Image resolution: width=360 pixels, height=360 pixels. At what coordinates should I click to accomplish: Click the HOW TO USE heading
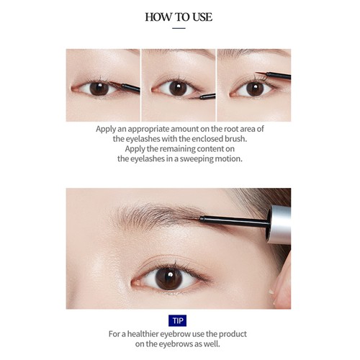tap(179, 17)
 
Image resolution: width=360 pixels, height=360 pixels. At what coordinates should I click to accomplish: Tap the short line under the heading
tap(179, 28)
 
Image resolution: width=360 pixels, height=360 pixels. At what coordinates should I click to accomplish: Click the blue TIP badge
tap(178, 320)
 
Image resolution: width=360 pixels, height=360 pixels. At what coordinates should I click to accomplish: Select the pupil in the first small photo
tap(99, 89)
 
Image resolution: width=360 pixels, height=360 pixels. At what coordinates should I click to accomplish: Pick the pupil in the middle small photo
tap(178, 89)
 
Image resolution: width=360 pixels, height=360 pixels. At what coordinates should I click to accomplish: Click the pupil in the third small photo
tap(255, 89)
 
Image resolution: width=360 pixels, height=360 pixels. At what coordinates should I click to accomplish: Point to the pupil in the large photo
tap(168, 279)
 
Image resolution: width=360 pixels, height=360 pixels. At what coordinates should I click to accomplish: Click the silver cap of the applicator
tap(279, 224)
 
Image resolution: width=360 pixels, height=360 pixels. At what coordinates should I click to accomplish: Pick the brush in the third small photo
tap(274, 76)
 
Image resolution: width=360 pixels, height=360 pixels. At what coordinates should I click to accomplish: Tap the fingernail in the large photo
tap(271, 292)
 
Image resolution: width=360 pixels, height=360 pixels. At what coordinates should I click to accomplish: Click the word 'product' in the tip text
tap(233, 334)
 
